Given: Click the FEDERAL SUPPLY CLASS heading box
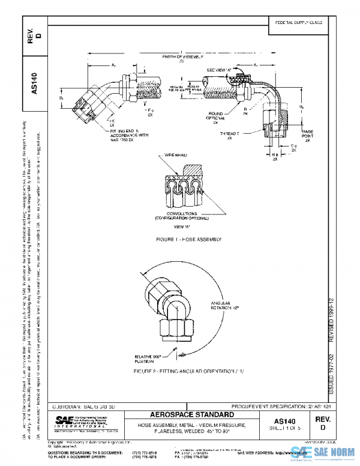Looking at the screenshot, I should point(299,22).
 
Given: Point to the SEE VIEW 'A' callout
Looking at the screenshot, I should point(219,70).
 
